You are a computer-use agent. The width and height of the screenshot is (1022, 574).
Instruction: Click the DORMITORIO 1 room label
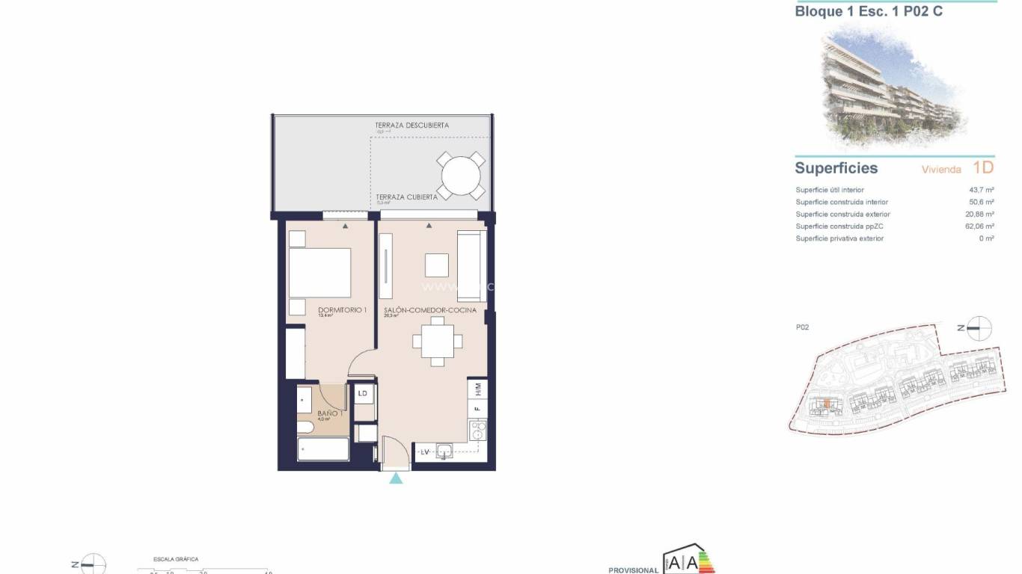342,310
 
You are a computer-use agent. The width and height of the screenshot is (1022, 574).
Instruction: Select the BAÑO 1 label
330,413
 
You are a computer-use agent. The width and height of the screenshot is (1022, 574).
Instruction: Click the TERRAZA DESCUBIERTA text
412,126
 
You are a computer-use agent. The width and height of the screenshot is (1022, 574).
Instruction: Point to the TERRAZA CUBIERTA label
406,197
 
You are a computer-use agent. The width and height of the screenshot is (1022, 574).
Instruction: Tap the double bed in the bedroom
319,273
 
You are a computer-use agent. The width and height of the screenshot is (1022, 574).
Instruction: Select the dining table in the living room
438,342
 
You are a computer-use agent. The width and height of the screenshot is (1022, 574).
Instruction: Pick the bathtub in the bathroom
323,450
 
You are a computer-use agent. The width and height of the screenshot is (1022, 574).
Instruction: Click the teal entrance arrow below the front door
396,478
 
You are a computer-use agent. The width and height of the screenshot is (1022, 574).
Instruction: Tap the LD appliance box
363,393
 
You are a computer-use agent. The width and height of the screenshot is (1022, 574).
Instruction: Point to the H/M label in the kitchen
477,389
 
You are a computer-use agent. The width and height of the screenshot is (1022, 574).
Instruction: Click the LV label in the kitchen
424,451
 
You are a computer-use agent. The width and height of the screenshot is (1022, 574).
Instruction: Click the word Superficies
836,168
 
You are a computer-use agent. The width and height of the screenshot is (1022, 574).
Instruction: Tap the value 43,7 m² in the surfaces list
981,190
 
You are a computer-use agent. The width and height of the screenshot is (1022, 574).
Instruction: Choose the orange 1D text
983,167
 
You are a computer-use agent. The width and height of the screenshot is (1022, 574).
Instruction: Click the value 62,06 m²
979,226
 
